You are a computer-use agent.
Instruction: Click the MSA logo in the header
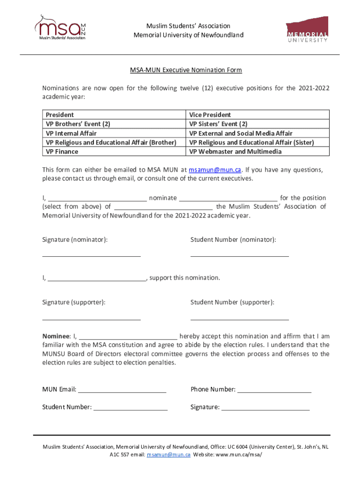coord(60,29)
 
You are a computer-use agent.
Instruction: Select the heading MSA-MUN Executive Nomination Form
coord(186,70)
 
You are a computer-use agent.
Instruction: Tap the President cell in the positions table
coord(60,115)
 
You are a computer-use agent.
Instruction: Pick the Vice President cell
coord(210,115)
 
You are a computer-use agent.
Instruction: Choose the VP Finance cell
coord(62,152)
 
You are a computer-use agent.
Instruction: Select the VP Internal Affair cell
coord(71,133)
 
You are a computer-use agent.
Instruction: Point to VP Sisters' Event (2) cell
coord(218,124)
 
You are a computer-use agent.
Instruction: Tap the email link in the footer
coord(168,455)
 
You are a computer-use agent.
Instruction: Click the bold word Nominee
coord(56,336)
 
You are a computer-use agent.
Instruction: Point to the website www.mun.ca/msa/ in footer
coord(236,455)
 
